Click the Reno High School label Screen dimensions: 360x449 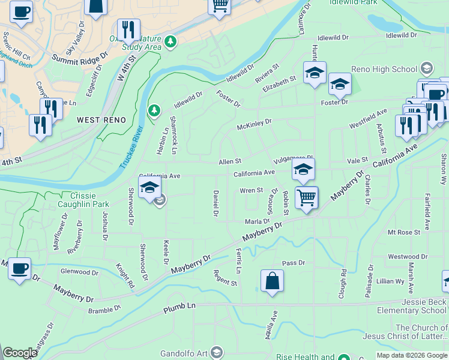(x=395, y=69)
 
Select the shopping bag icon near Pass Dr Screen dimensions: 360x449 (x=272, y=281)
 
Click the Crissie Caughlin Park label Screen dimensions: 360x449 (x=92, y=200)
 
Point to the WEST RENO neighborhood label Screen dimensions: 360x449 (x=101, y=120)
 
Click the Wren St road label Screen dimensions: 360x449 (x=252, y=191)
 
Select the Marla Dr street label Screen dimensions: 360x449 (x=257, y=221)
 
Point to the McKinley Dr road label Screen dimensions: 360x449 (x=254, y=123)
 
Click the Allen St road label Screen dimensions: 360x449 (x=229, y=161)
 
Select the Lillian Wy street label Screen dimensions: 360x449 (x=390, y=281)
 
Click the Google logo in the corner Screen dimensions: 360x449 (x=20, y=353)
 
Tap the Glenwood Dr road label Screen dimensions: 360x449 (x=79, y=272)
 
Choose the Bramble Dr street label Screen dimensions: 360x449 (x=104, y=310)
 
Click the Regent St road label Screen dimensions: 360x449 (x=225, y=278)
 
